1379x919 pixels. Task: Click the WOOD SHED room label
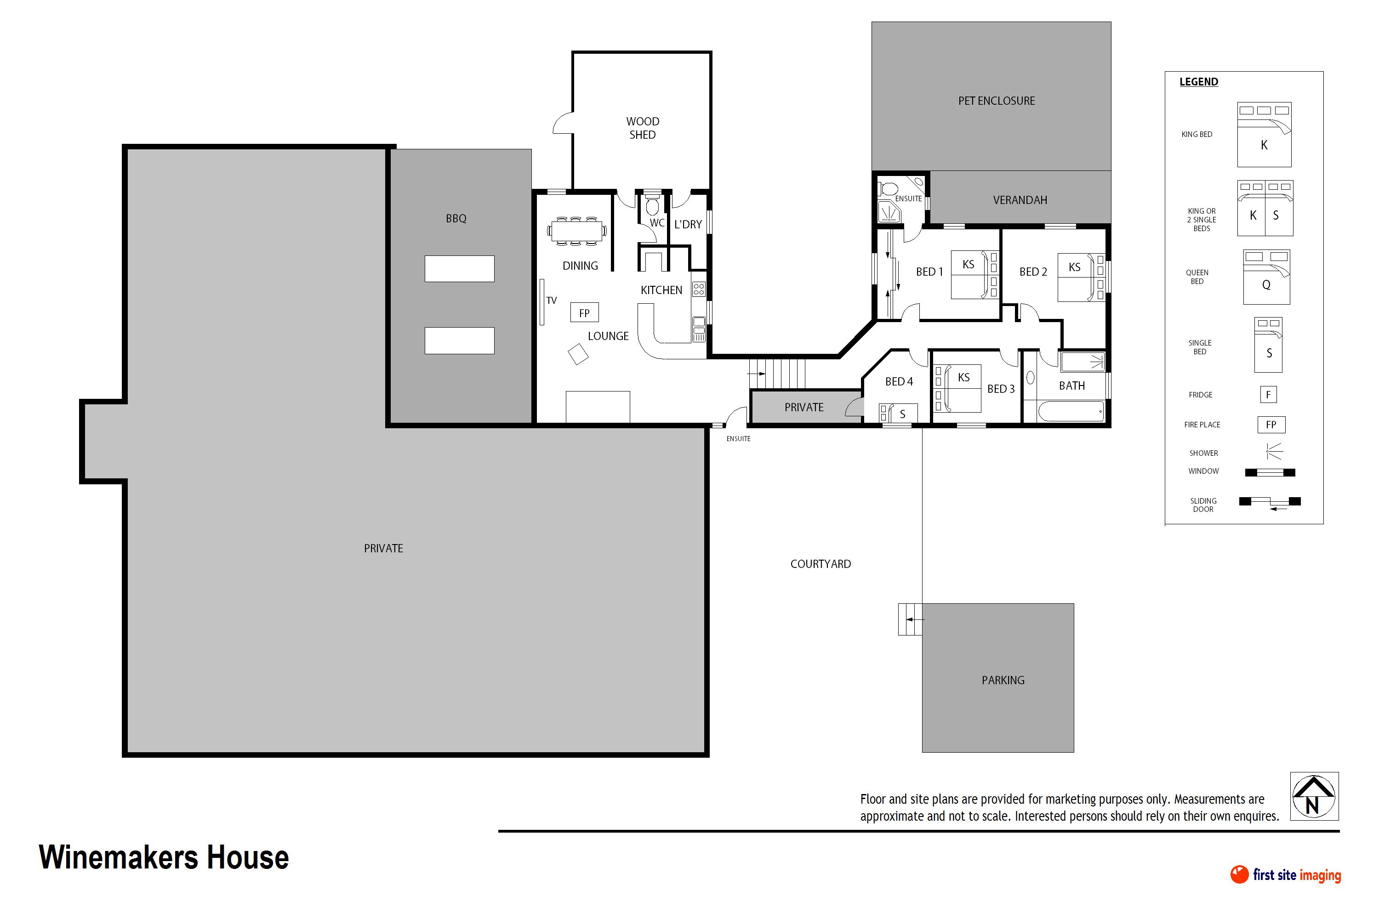(x=643, y=128)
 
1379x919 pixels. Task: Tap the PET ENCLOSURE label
(x=996, y=101)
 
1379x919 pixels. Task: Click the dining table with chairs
(x=577, y=230)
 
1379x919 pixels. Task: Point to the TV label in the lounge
(x=551, y=301)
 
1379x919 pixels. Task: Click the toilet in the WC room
(x=652, y=205)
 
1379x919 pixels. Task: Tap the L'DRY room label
(x=688, y=225)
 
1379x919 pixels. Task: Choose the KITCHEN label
(x=661, y=290)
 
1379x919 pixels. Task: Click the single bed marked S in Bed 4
(x=898, y=413)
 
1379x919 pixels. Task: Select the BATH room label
(x=1072, y=386)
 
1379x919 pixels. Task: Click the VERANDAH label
(x=1020, y=200)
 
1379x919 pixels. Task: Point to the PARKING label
(x=1003, y=680)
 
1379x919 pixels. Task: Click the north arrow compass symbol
(x=1314, y=796)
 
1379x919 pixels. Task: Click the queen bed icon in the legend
(x=1266, y=277)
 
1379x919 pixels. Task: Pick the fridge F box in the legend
(x=1268, y=394)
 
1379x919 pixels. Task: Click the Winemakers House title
(x=164, y=857)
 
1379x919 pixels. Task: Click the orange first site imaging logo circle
(x=1239, y=874)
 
